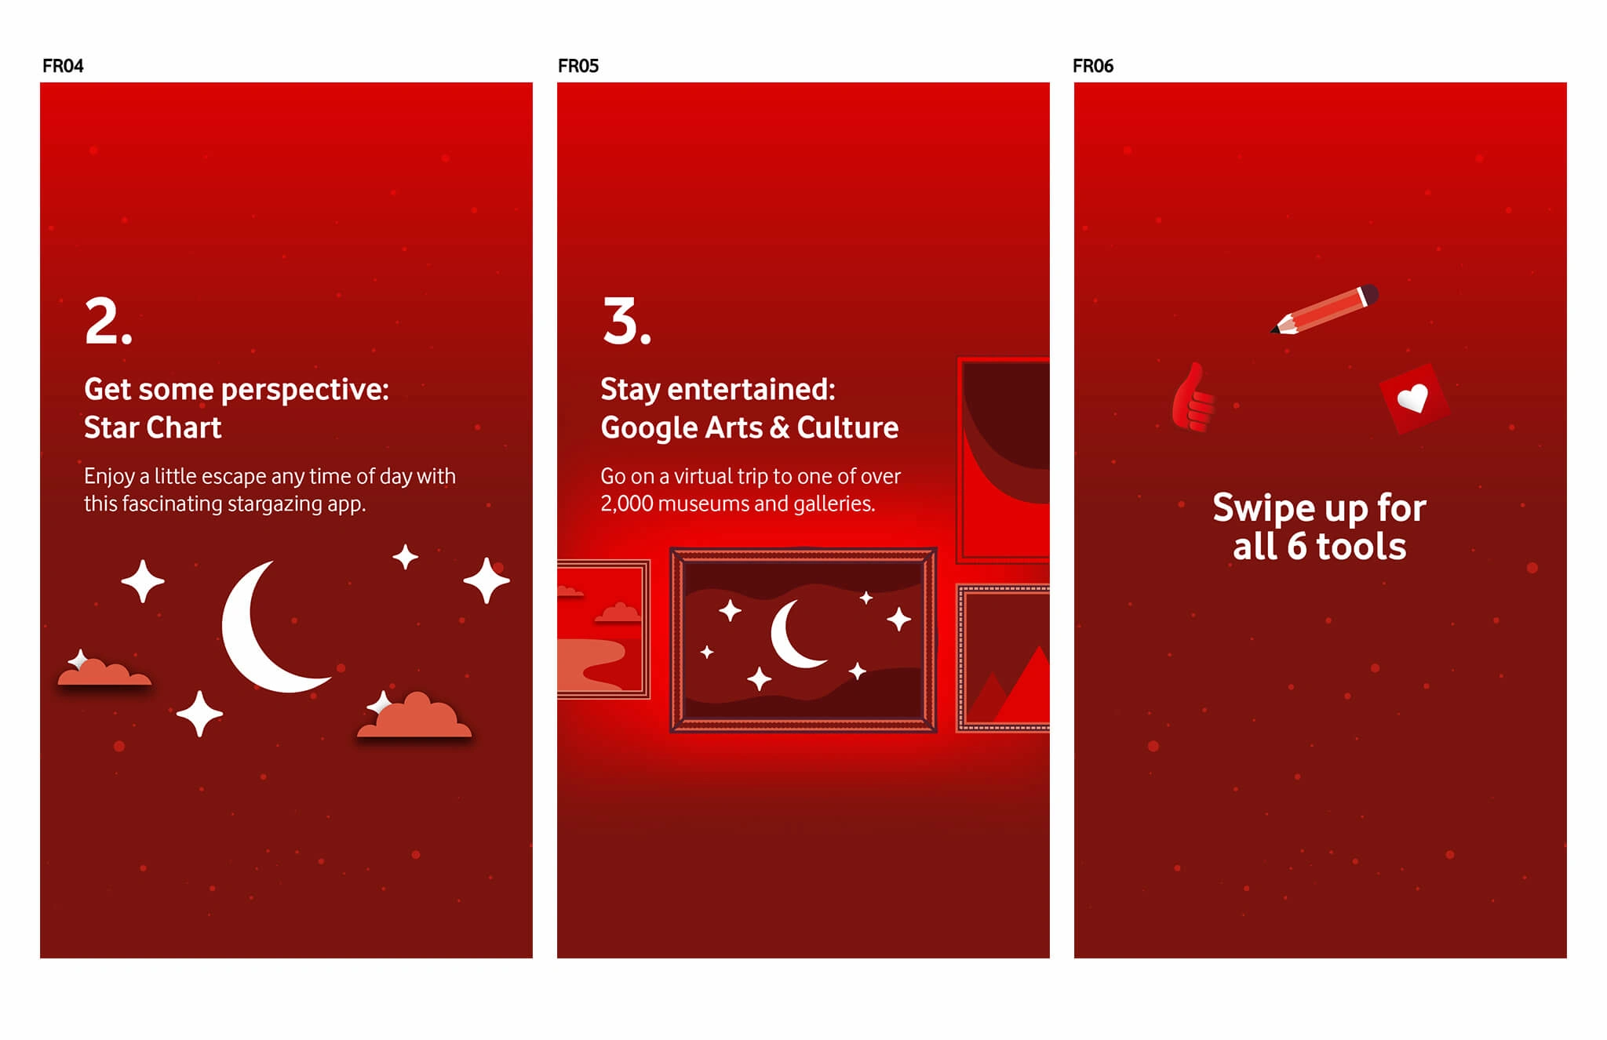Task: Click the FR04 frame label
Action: point(63,66)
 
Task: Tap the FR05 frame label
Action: point(578,66)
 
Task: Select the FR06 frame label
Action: point(1093,66)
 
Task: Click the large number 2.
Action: point(108,321)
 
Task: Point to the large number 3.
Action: point(626,321)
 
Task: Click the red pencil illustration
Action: point(1325,309)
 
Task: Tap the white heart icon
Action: point(1413,398)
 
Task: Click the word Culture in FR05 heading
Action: point(847,428)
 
